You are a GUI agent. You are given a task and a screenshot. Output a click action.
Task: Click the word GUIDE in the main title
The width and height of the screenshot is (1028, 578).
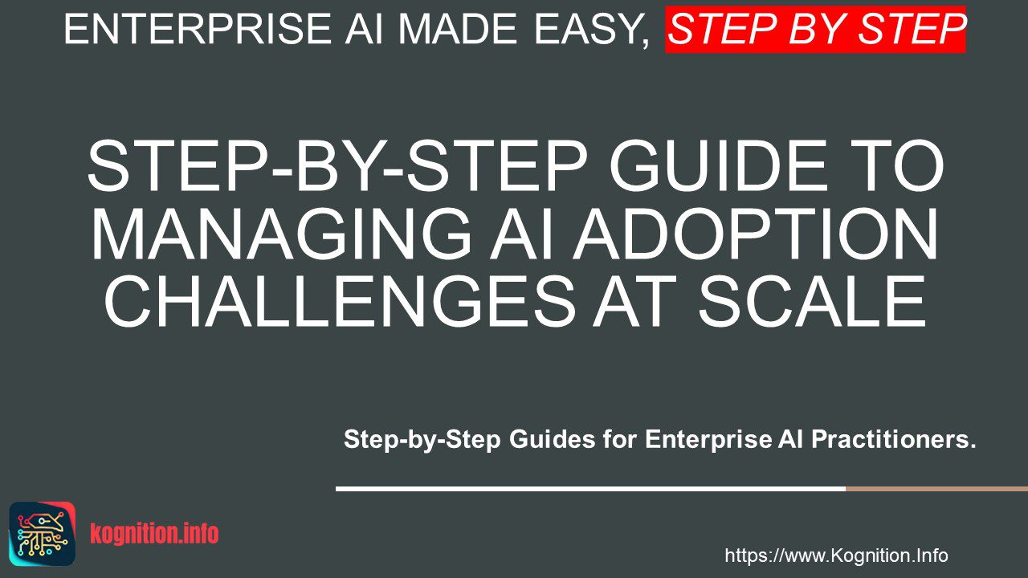point(718,165)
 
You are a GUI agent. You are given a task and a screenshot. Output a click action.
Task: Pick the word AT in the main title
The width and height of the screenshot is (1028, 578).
point(634,301)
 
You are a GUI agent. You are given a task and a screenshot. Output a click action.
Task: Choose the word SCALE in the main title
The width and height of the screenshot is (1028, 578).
point(811,301)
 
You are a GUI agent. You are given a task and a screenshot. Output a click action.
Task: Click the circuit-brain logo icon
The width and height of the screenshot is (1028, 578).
point(43,534)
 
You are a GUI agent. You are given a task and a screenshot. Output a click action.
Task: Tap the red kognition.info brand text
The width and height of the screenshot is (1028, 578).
point(154,534)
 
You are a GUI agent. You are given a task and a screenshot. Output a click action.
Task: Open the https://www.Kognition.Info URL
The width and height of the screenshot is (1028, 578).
point(836,556)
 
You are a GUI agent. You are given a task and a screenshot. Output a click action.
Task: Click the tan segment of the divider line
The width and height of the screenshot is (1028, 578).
point(936,489)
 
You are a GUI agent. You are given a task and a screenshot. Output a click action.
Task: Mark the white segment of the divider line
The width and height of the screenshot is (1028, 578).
point(590,489)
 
